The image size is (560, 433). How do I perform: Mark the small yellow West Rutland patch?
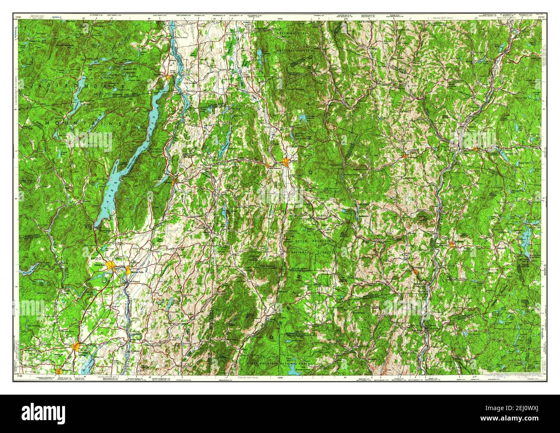pos(269,164)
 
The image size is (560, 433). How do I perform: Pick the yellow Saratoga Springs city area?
pos(77,346)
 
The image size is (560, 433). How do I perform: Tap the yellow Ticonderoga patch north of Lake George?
pos(168,78)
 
